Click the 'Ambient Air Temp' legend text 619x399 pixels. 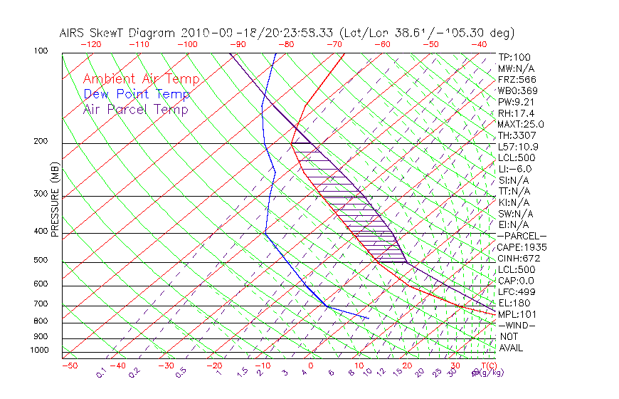tap(141, 79)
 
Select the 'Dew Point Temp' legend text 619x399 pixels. tap(137, 94)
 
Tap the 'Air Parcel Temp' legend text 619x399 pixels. tap(135, 109)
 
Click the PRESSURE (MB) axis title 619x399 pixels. tap(55, 199)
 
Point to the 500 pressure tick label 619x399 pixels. tap(41, 261)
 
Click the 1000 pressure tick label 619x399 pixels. tap(39, 350)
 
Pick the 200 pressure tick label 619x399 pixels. tap(41, 141)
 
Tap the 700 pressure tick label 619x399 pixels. tap(41, 304)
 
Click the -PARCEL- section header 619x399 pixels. tap(522, 236)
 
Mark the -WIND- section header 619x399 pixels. tap(517, 325)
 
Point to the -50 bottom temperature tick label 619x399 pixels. tap(69, 366)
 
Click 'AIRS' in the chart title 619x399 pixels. tap(74, 33)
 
